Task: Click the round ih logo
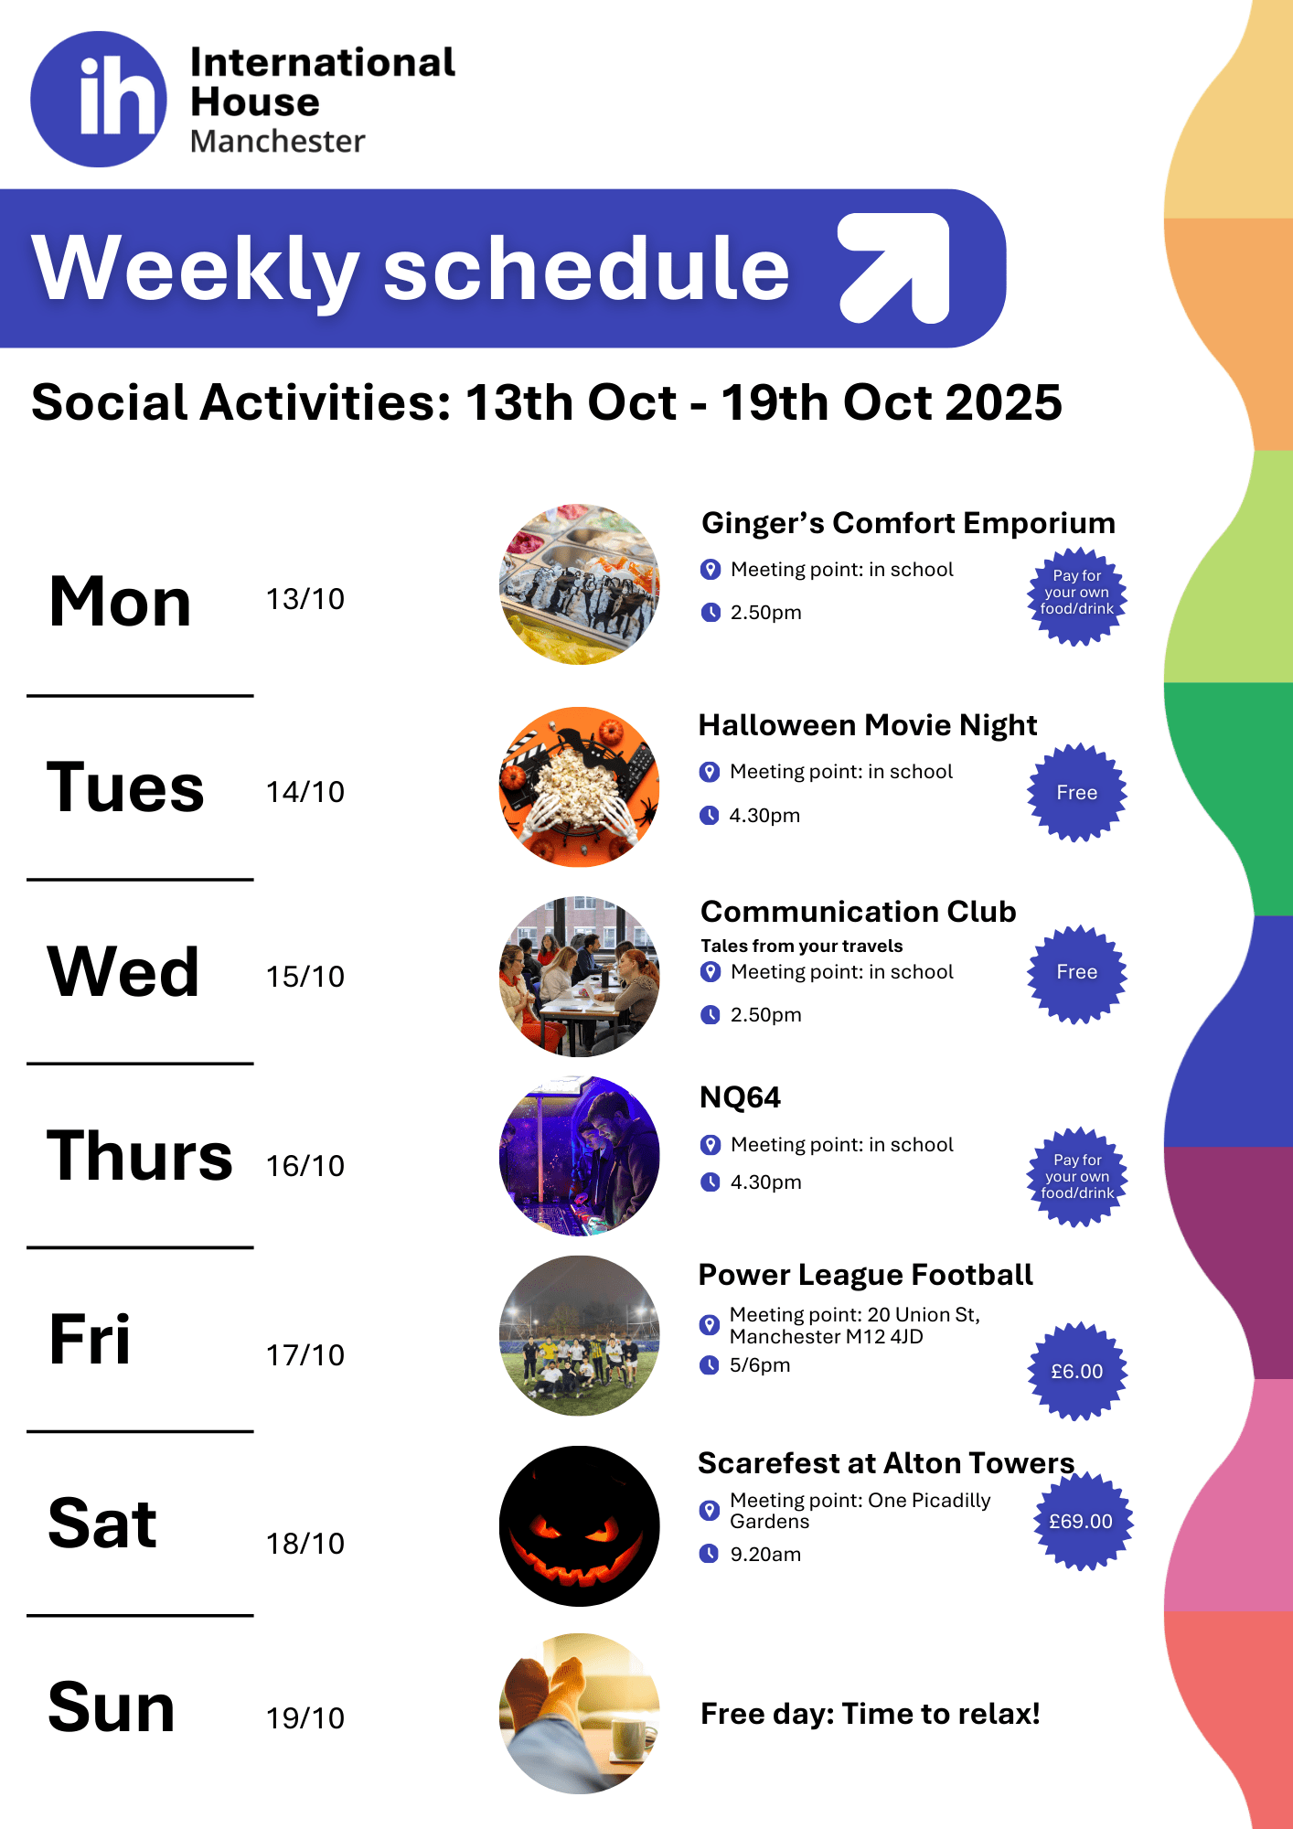(x=99, y=99)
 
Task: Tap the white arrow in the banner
(x=895, y=268)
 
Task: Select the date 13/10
(x=305, y=599)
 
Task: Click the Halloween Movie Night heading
(x=868, y=725)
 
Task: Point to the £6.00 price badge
(x=1077, y=1371)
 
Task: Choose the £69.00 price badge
(x=1081, y=1522)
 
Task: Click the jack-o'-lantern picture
(x=580, y=1525)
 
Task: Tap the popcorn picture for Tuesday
(x=580, y=787)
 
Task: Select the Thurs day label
(x=140, y=1155)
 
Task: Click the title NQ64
(x=740, y=1097)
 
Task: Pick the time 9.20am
(x=765, y=1555)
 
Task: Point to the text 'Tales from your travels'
(x=802, y=946)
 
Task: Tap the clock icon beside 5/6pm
(x=710, y=1365)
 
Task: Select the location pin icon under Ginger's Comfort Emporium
(x=711, y=570)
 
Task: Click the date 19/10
(x=305, y=1718)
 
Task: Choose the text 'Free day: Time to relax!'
(x=871, y=1714)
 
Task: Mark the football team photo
(x=580, y=1336)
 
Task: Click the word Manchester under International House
(x=278, y=142)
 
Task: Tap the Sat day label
(x=102, y=1524)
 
